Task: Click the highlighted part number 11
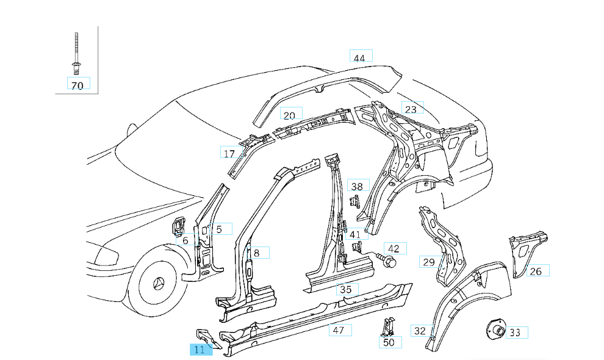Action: pyautogui.click(x=200, y=350)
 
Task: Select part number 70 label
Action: pyautogui.click(x=77, y=85)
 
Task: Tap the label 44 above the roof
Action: pyautogui.click(x=360, y=58)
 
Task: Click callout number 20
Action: pyautogui.click(x=290, y=115)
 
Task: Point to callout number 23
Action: pyautogui.click(x=412, y=109)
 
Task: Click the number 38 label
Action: pyautogui.click(x=358, y=186)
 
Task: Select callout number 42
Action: pyautogui.click(x=394, y=248)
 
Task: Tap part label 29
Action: pyautogui.click(x=430, y=262)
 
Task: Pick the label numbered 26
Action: pyautogui.click(x=536, y=271)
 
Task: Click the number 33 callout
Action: pyautogui.click(x=516, y=333)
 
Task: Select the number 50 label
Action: pyautogui.click(x=389, y=342)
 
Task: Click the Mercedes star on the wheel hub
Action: pyautogui.click(x=160, y=284)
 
